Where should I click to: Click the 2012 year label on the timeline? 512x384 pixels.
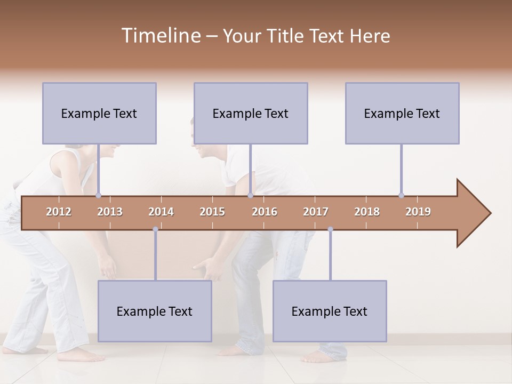pyautogui.click(x=59, y=212)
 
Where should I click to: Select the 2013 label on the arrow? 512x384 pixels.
pyautogui.click(x=110, y=212)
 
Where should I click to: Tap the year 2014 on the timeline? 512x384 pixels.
pyautogui.click(x=161, y=212)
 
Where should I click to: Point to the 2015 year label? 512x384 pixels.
pyautogui.click(x=212, y=212)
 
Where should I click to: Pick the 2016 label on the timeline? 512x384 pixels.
pyautogui.click(x=265, y=212)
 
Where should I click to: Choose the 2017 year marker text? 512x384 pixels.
pyautogui.click(x=316, y=212)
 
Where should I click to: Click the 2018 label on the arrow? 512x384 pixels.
pyautogui.click(x=367, y=212)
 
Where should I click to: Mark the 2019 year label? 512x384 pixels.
pyautogui.click(x=418, y=212)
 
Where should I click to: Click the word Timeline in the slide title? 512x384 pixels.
pyautogui.click(x=160, y=36)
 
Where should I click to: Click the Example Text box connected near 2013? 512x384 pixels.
pyautogui.click(x=99, y=113)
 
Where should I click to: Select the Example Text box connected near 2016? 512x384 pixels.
pyautogui.click(x=251, y=113)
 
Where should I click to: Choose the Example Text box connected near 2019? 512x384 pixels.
pyautogui.click(x=402, y=113)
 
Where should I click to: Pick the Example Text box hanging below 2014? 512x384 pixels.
pyautogui.click(x=155, y=311)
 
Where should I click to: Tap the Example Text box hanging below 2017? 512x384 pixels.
pyautogui.click(x=330, y=311)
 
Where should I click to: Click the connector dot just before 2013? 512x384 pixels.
pyautogui.click(x=98, y=195)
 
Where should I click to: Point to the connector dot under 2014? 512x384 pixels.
pyautogui.click(x=155, y=229)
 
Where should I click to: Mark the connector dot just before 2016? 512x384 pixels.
pyautogui.click(x=250, y=195)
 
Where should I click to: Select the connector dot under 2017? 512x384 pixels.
pyautogui.click(x=330, y=229)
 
